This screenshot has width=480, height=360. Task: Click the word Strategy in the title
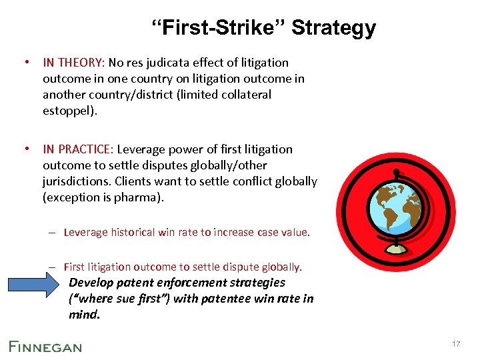(x=333, y=28)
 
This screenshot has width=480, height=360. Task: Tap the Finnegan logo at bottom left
(x=45, y=345)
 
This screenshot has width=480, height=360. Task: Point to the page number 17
(x=456, y=344)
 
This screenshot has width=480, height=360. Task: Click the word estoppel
(x=69, y=111)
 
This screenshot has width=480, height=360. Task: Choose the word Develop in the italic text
(x=91, y=283)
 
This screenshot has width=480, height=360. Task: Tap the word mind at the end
(x=83, y=315)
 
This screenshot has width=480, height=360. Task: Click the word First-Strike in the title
(x=219, y=28)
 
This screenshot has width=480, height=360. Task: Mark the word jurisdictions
(x=75, y=181)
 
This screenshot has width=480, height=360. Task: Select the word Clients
(x=135, y=181)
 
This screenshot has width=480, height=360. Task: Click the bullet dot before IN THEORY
(x=24, y=63)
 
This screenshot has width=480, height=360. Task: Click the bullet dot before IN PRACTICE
(x=24, y=149)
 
